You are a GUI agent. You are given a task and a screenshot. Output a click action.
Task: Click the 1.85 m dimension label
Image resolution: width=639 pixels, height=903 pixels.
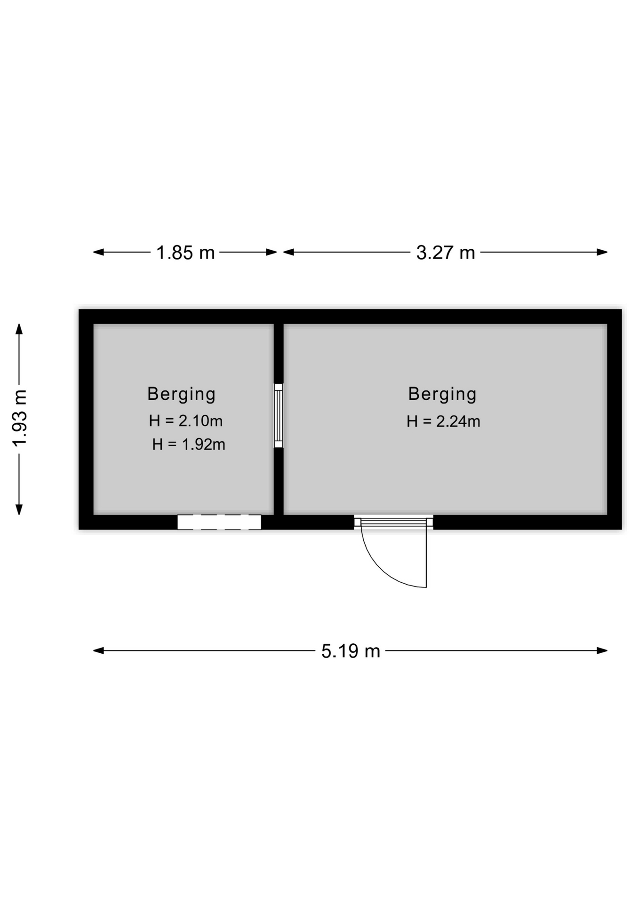coord(185,253)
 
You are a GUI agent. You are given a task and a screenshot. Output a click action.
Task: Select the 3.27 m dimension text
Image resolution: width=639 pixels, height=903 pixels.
coord(446,253)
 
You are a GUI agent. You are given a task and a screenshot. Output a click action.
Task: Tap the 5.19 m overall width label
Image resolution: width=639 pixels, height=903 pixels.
coord(351,651)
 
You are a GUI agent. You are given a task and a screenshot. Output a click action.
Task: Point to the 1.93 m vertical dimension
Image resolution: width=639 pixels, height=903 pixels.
coord(20,419)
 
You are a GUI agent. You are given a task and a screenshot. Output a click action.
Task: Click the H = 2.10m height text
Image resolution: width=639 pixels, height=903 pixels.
coord(186,420)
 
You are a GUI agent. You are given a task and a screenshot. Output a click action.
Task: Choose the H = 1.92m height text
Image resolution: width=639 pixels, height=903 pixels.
coord(189,444)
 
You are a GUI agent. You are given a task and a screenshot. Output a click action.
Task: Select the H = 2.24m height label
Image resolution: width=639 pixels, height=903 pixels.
coord(443,421)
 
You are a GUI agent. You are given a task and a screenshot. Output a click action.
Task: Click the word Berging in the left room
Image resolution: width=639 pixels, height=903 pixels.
coord(181,394)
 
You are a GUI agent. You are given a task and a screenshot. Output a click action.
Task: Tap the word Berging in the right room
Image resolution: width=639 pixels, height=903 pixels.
coord(442,394)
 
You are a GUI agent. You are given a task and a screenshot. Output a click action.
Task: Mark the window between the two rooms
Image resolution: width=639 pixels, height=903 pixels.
coord(279,415)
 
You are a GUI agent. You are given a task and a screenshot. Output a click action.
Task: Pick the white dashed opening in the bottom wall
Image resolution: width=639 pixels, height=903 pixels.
coord(219,522)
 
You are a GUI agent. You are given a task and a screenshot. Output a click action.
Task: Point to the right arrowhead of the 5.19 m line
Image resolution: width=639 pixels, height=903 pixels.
coord(602,651)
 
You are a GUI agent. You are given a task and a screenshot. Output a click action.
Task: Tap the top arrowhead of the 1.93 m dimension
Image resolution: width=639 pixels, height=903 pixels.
coord(19,329)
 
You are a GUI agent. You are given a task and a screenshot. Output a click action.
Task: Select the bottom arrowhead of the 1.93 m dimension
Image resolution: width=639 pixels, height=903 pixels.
coord(19,509)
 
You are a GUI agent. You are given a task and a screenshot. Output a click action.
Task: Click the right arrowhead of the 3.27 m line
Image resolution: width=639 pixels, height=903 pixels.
coord(602,252)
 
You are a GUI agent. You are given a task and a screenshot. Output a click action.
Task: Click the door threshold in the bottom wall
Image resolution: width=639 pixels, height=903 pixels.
coord(393,522)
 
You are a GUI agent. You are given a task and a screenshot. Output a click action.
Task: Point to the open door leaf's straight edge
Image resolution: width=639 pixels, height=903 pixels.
coord(426,557)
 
